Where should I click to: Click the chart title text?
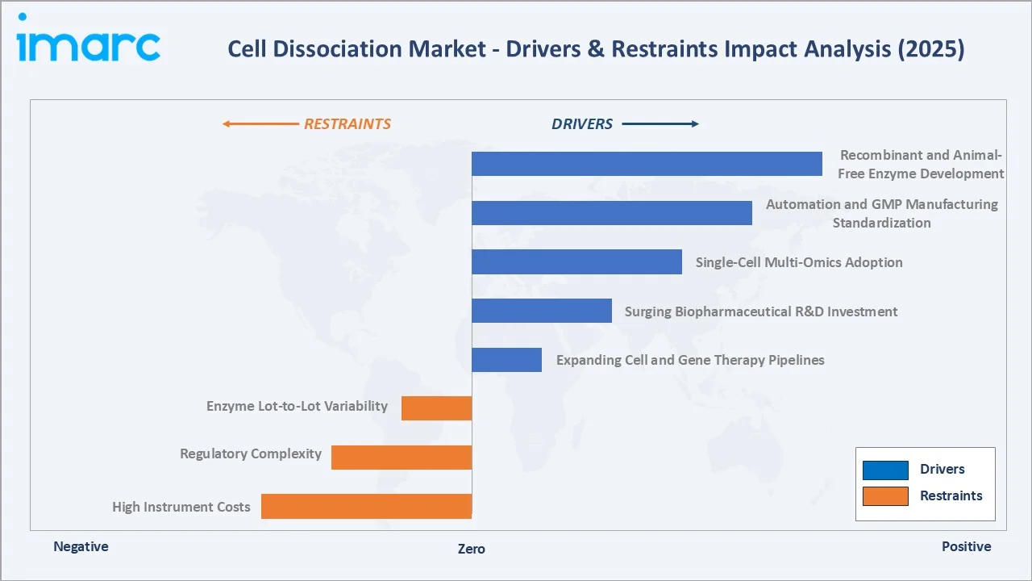click(x=596, y=49)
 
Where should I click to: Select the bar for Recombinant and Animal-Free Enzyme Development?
click(x=647, y=164)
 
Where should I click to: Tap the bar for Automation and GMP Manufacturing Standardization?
click(x=611, y=213)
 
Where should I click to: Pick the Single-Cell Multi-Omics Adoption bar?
click(x=576, y=262)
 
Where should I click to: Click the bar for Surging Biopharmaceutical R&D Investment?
click(x=541, y=311)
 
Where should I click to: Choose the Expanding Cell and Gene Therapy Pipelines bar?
click(x=506, y=360)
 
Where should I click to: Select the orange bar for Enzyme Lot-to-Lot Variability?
click(x=436, y=408)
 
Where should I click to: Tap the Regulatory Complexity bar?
click(x=402, y=457)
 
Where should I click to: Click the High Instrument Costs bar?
click(x=366, y=506)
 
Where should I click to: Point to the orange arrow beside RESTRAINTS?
click(x=260, y=124)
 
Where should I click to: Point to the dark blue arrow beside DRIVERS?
click(x=660, y=124)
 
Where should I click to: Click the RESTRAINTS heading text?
click(x=347, y=124)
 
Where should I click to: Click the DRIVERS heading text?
click(x=582, y=124)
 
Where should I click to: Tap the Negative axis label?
click(x=81, y=546)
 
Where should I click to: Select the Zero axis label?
click(x=472, y=549)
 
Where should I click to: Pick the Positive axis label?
click(x=966, y=546)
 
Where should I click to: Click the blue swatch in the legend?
click(x=885, y=470)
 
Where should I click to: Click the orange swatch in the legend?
click(x=885, y=496)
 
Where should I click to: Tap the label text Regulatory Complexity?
click(x=251, y=454)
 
